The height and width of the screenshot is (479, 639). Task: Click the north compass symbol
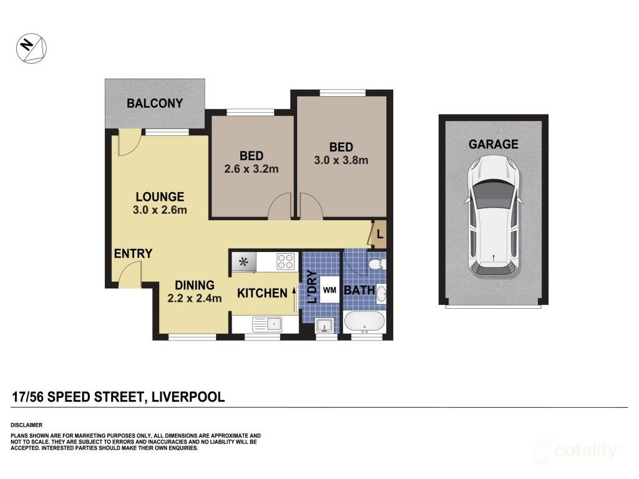[x=31, y=48]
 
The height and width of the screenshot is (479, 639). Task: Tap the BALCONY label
[x=155, y=103]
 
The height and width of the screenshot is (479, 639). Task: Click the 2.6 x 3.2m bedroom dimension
[x=251, y=168]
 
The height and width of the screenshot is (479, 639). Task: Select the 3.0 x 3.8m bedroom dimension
[x=341, y=160]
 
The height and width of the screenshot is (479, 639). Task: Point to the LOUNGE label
[x=160, y=196]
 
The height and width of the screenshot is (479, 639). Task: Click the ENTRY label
[x=133, y=253]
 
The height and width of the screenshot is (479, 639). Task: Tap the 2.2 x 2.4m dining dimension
[x=195, y=298]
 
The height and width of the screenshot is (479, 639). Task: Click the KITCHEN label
[x=262, y=293]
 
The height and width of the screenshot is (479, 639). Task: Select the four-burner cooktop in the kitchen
[x=285, y=261]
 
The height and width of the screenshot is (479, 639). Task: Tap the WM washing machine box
[x=329, y=290]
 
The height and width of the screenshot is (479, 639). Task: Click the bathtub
[x=364, y=322]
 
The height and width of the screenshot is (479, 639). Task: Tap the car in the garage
[x=493, y=216]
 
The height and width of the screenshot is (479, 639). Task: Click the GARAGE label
[x=493, y=144]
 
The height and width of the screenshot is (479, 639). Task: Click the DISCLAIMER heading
[x=26, y=425]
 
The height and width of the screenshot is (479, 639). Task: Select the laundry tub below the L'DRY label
[x=324, y=326]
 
